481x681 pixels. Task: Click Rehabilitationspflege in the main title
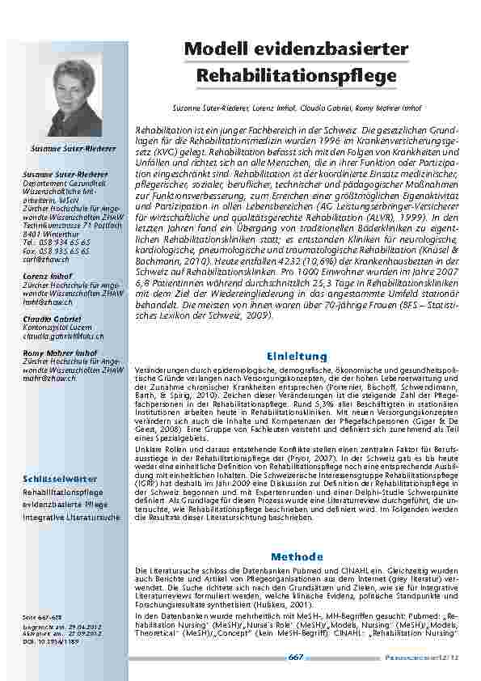(x=297, y=75)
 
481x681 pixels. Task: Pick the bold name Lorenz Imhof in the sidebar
(x=46, y=255)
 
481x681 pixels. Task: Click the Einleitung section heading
(x=297, y=356)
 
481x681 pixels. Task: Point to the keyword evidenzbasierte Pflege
(x=65, y=503)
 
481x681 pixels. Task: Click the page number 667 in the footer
(x=296, y=658)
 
